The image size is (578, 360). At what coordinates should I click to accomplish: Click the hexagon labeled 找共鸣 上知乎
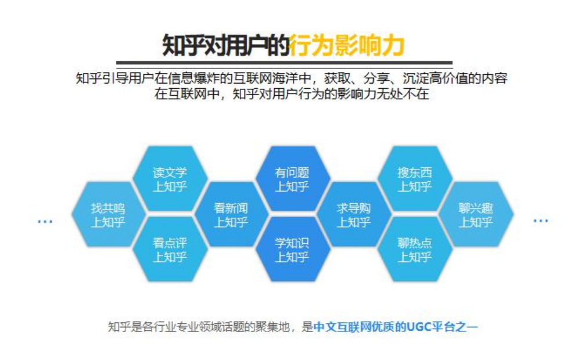point(108,214)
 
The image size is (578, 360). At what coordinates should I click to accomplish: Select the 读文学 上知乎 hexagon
point(170,179)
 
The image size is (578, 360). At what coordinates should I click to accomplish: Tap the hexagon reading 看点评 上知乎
point(170,250)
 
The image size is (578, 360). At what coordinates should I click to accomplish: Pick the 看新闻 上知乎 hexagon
point(231,214)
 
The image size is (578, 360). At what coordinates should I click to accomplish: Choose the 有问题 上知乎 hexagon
point(292,179)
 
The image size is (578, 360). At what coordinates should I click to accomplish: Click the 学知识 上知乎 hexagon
point(292,250)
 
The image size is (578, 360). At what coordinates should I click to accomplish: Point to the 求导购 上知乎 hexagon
point(354,214)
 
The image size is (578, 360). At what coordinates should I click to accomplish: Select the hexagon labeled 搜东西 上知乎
point(415,179)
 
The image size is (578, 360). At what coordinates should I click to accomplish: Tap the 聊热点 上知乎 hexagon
point(415,250)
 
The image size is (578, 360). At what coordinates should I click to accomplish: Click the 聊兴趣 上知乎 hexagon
point(476,214)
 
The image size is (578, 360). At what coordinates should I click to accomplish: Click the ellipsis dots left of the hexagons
point(45,221)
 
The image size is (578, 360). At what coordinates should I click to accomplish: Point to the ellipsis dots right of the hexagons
point(541,221)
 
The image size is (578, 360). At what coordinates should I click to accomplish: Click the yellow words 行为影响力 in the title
point(346,46)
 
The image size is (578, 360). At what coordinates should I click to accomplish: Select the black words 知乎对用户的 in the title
point(225,46)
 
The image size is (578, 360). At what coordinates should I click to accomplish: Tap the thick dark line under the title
point(284,63)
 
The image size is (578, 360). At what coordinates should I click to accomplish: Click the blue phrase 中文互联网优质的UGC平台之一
point(396,327)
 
